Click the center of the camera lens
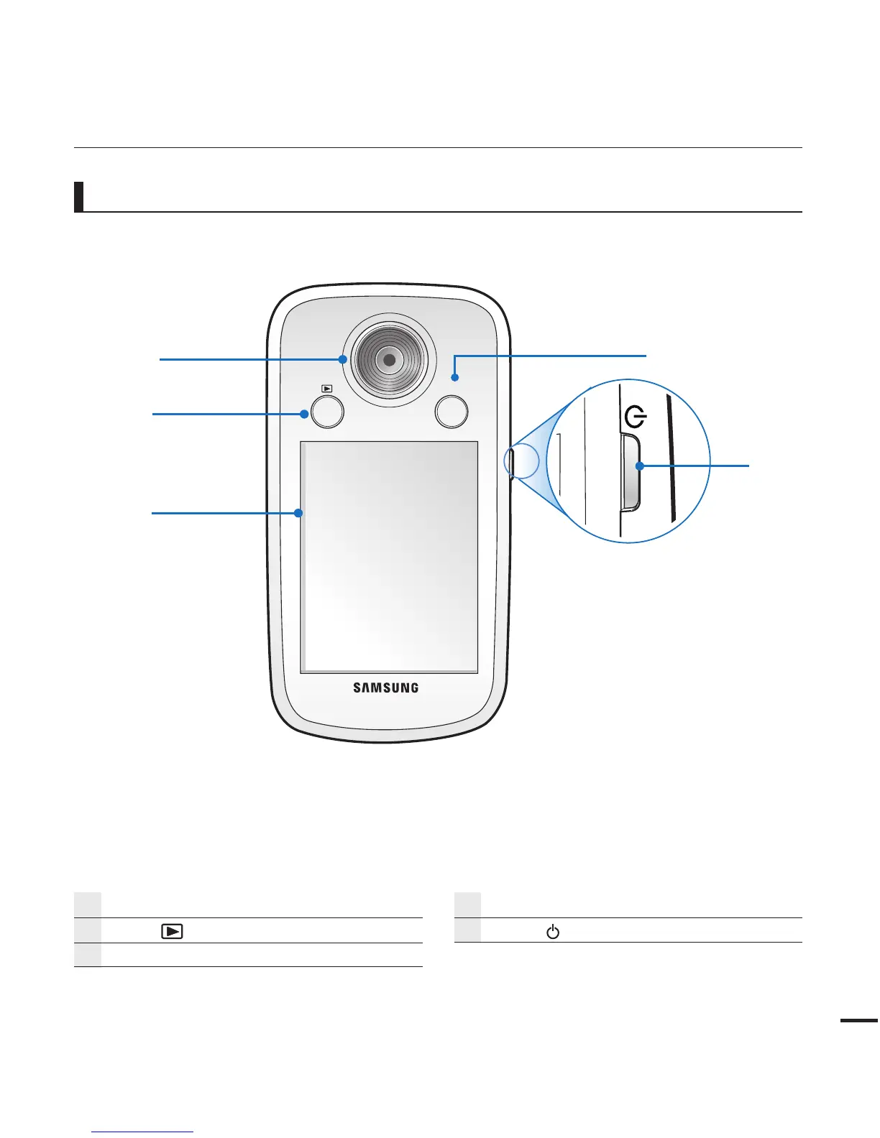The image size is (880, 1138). tap(389, 358)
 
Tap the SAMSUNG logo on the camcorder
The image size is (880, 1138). tap(385, 688)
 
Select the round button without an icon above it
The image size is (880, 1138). tap(452, 412)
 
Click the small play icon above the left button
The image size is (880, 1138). tap(327, 389)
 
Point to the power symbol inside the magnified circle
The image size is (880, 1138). tap(636, 416)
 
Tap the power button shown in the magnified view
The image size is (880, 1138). tap(629, 471)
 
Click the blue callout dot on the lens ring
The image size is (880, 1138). tap(344, 359)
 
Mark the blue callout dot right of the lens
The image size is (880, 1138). tap(454, 376)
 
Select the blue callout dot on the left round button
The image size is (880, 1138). tap(305, 414)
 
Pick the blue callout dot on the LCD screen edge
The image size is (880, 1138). tap(298, 513)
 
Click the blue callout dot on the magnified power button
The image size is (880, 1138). tap(639, 466)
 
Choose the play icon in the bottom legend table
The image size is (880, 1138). tap(172, 932)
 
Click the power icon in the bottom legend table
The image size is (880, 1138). tap(553, 933)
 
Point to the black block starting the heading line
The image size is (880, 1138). tap(78, 197)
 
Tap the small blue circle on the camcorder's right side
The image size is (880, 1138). tap(522, 461)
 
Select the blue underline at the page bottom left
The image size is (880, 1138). tap(143, 1132)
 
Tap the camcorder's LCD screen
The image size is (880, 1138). tap(389, 557)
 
